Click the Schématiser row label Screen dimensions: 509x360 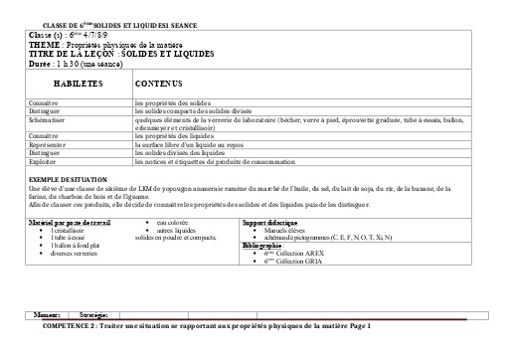coord(48,119)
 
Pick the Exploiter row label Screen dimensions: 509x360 coord(44,161)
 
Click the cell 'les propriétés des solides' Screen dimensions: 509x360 coord(169,103)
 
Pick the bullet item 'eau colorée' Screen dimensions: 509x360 coord(177,221)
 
